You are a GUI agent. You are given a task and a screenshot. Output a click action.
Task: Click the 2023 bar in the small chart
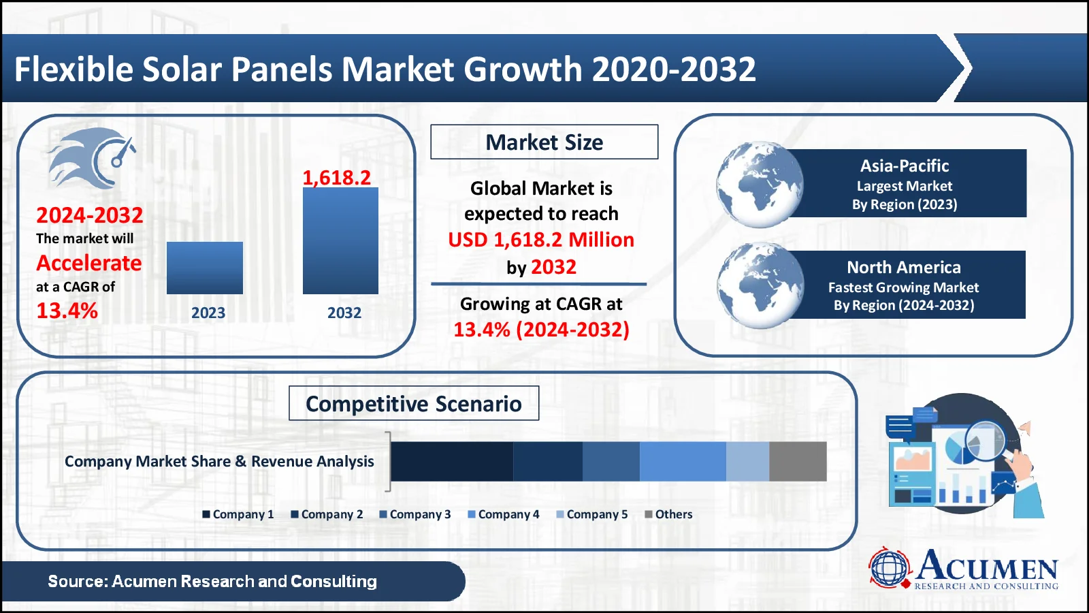[x=204, y=268]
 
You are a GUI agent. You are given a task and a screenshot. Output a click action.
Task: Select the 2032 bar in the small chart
[x=340, y=240]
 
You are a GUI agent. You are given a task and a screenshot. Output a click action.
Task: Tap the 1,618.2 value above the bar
[x=336, y=178]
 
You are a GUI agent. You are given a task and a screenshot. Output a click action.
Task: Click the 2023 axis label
[x=208, y=313]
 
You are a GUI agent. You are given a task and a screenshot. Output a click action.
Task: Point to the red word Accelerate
[x=89, y=263]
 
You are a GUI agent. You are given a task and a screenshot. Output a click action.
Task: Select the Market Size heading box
[x=544, y=142]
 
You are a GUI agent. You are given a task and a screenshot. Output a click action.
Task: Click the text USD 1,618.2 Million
[x=541, y=240]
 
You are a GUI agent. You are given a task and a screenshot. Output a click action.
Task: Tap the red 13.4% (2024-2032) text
[x=541, y=330]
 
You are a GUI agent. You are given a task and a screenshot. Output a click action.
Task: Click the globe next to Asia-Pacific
[x=759, y=184]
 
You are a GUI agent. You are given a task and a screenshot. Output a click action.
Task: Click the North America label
[x=903, y=267]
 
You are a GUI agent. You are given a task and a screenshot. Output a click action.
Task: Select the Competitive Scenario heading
[x=414, y=403]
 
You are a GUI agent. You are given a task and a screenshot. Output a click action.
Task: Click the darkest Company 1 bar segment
[x=452, y=461]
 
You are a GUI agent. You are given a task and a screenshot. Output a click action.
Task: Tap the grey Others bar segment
[x=798, y=461]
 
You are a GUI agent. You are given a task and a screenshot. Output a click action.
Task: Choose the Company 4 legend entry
[x=504, y=514]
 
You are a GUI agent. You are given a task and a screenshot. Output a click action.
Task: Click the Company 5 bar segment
[x=747, y=461]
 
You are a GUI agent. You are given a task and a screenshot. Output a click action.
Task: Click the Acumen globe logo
[x=890, y=567]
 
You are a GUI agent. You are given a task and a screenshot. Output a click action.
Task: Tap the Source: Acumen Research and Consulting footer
[x=212, y=581]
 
